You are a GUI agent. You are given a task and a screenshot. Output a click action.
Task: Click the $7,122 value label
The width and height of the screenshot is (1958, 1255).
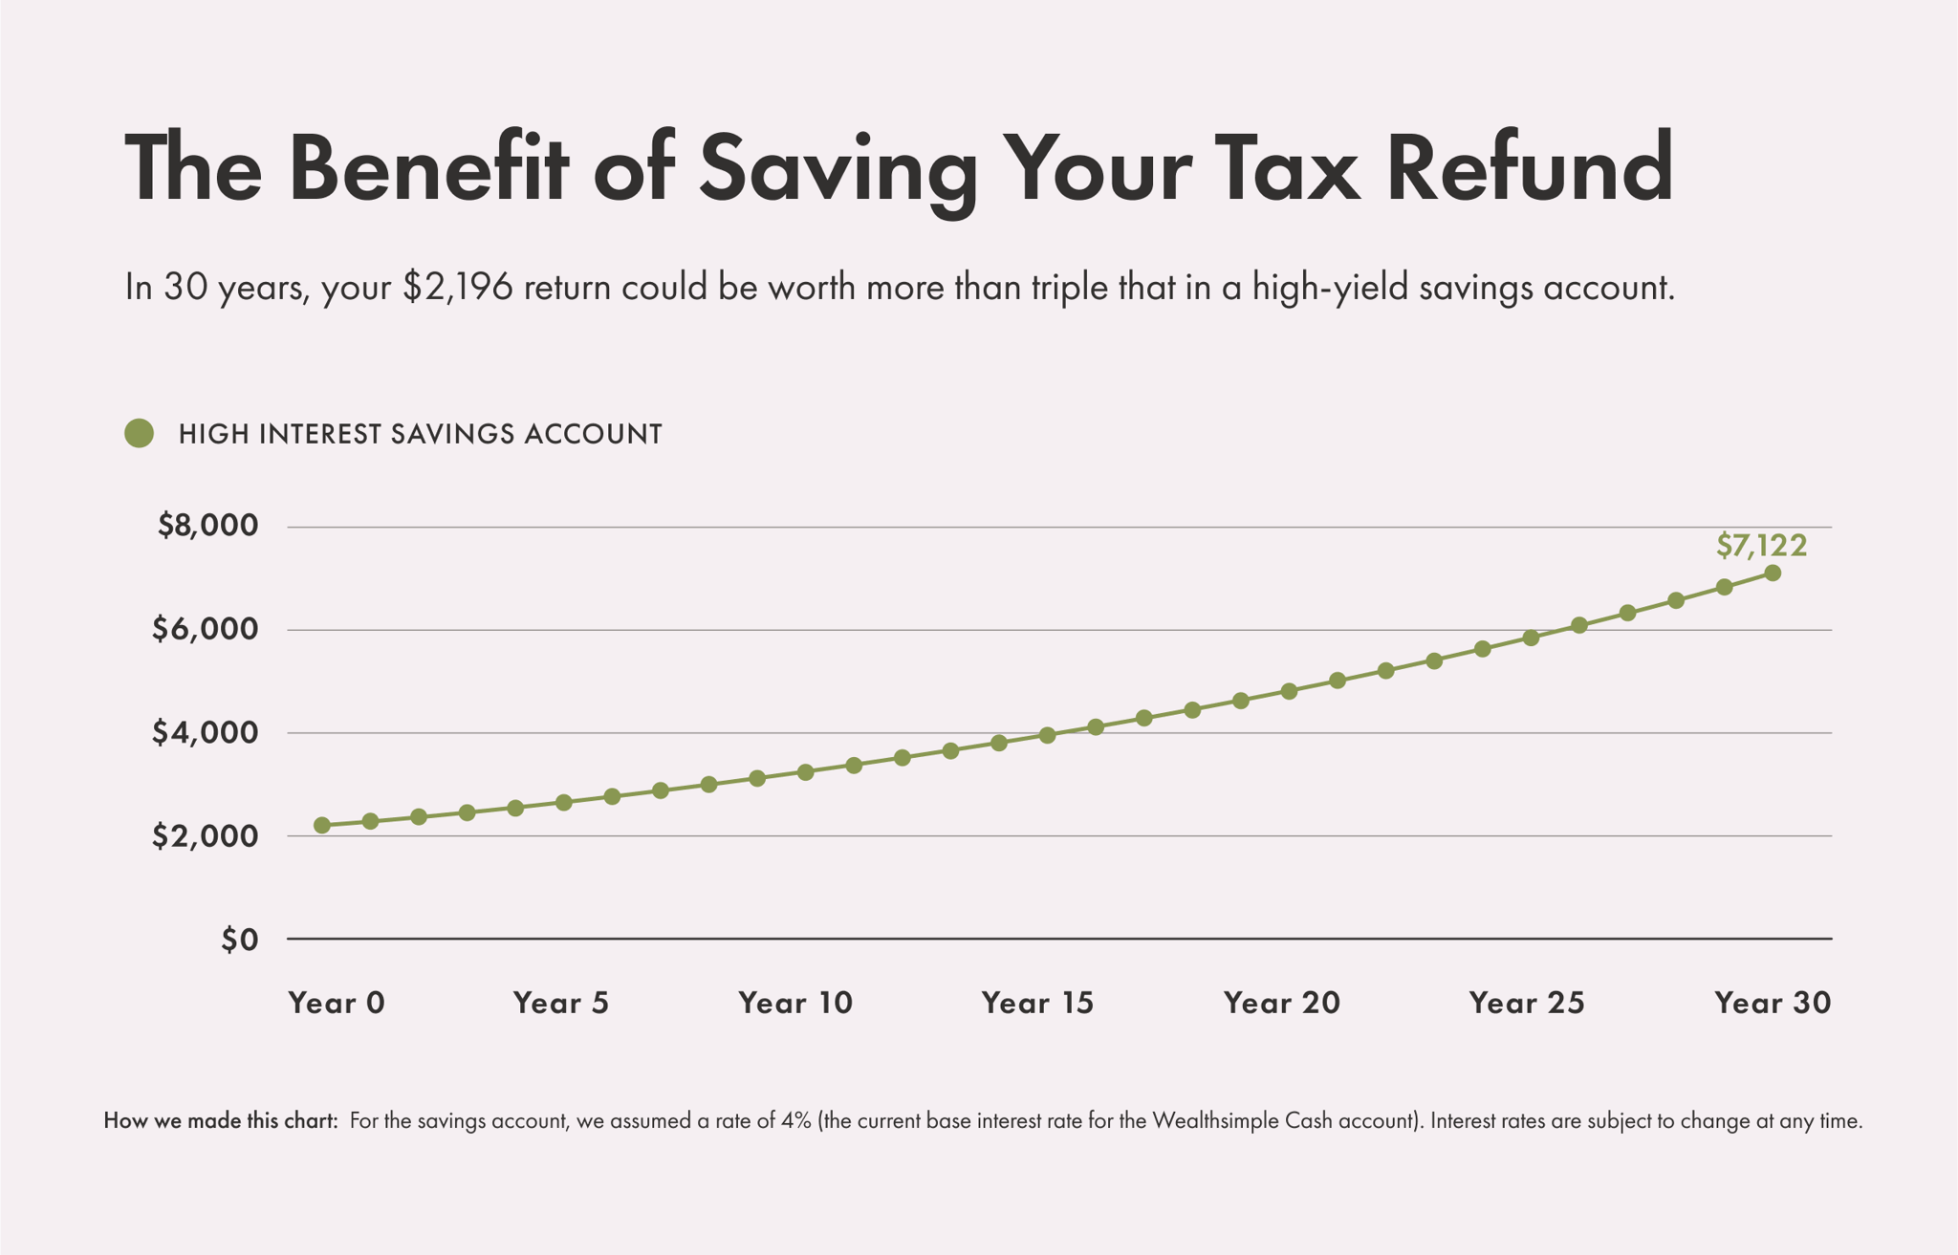(1761, 546)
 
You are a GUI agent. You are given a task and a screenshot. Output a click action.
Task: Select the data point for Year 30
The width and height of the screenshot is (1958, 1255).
(1772, 573)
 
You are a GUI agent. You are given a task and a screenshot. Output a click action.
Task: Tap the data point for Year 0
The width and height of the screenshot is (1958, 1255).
(322, 825)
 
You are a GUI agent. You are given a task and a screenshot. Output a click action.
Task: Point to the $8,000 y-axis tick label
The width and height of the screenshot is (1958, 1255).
(207, 526)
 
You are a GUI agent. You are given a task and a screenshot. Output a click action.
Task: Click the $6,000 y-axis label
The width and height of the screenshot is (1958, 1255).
(205, 629)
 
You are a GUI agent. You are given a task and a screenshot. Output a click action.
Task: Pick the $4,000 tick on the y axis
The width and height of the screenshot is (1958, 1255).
(205, 733)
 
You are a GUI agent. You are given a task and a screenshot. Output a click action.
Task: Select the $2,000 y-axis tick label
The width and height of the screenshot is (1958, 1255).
(205, 836)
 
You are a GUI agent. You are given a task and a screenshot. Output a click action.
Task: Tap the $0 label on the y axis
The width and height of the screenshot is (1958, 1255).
(239, 940)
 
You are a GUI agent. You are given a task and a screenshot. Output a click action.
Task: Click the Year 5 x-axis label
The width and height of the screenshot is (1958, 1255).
(561, 1003)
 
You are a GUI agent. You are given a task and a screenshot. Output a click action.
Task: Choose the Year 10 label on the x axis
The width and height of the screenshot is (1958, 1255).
(795, 1003)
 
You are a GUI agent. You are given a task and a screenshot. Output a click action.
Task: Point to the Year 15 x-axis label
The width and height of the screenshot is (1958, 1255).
(1037, 1003)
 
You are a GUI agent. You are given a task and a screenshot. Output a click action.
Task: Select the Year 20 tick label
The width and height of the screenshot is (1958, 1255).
(1282, 1003)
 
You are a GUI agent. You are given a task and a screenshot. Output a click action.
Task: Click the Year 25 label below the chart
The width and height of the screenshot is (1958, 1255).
(1527, 1003)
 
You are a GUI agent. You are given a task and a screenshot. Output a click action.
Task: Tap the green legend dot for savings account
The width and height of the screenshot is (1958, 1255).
(140, 434)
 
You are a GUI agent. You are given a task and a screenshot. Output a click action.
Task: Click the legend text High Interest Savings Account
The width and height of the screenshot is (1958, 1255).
(421, 434)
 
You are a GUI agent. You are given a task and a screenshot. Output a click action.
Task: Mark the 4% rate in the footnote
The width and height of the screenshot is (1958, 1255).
(795, 1121)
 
